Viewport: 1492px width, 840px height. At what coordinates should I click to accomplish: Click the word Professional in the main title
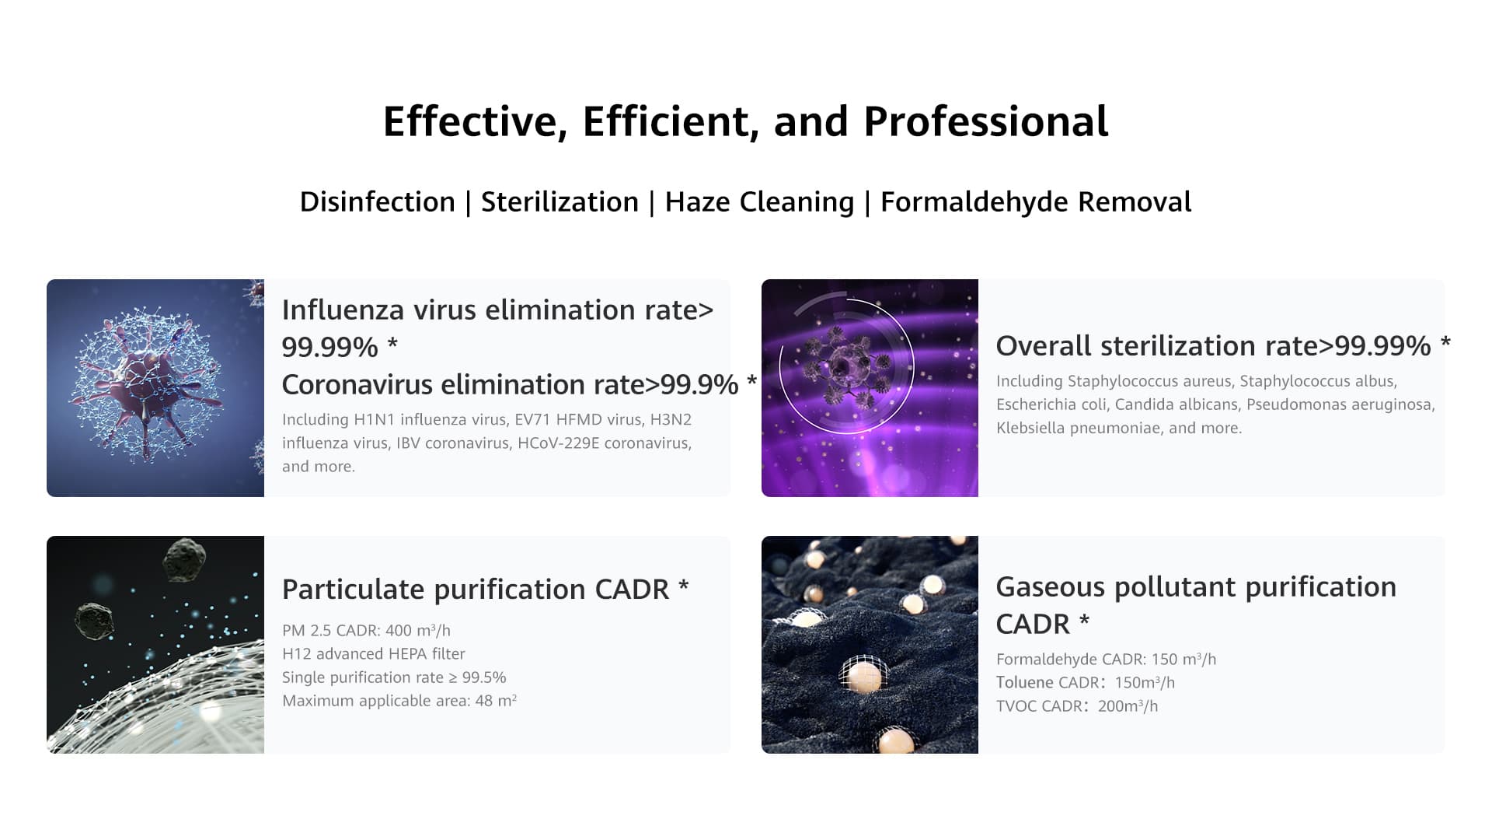click(x=985, y=121)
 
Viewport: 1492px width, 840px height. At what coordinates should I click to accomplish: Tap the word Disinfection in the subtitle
click(x=377, y=201)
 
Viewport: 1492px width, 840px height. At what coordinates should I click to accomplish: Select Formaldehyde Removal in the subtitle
click(x=1035, y=202)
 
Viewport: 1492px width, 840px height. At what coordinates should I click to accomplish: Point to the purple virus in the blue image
click(x=148, y=381)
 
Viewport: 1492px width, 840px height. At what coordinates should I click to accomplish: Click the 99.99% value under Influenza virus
click(x=329, y=347)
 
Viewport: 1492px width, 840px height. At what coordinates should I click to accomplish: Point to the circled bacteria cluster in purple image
click(x=847, y=366)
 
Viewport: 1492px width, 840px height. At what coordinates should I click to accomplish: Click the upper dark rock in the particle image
click(x=185, y=558)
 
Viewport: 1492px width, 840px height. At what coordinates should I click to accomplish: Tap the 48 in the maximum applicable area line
click(x=484, y=701)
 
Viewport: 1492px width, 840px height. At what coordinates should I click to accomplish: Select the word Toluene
click(x=1025, y=683)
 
